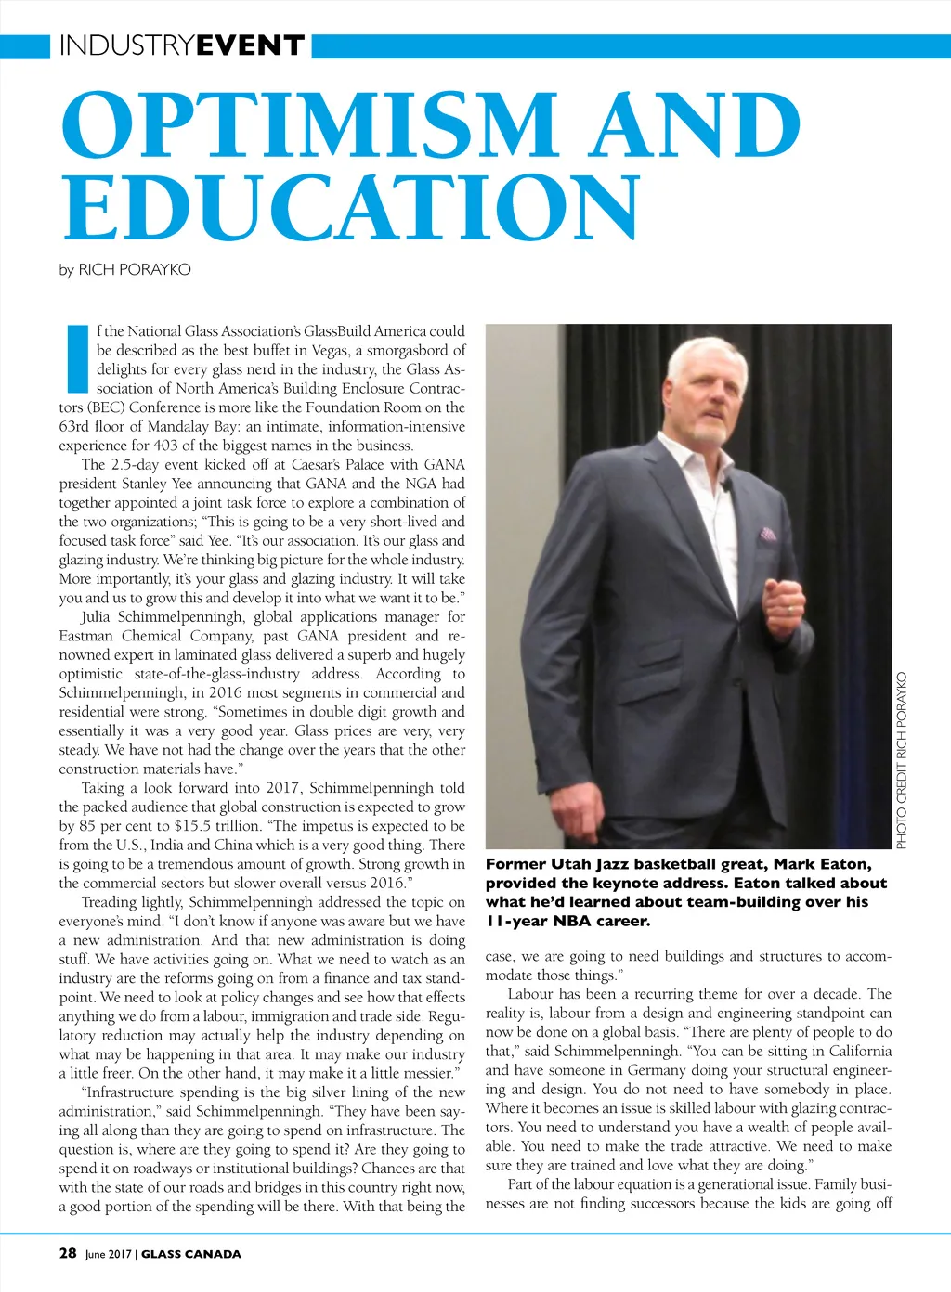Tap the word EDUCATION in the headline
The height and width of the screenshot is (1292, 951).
pyautogui.click(x=351, y=206)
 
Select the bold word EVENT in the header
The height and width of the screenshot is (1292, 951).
pyautogui.click(x=251, y=45)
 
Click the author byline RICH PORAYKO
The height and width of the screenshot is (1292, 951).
pyautogui.click(x=135, y=270)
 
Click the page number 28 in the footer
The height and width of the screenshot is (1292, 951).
pyautogui.click(x=68, y=1253)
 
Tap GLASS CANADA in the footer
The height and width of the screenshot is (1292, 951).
pyautogui.click(x=191, y=1254)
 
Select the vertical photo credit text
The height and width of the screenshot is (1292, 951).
pyautogui.click(x=902, y=759)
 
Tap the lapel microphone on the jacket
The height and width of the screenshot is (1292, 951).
pyautogui.click(x=728, y=483)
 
